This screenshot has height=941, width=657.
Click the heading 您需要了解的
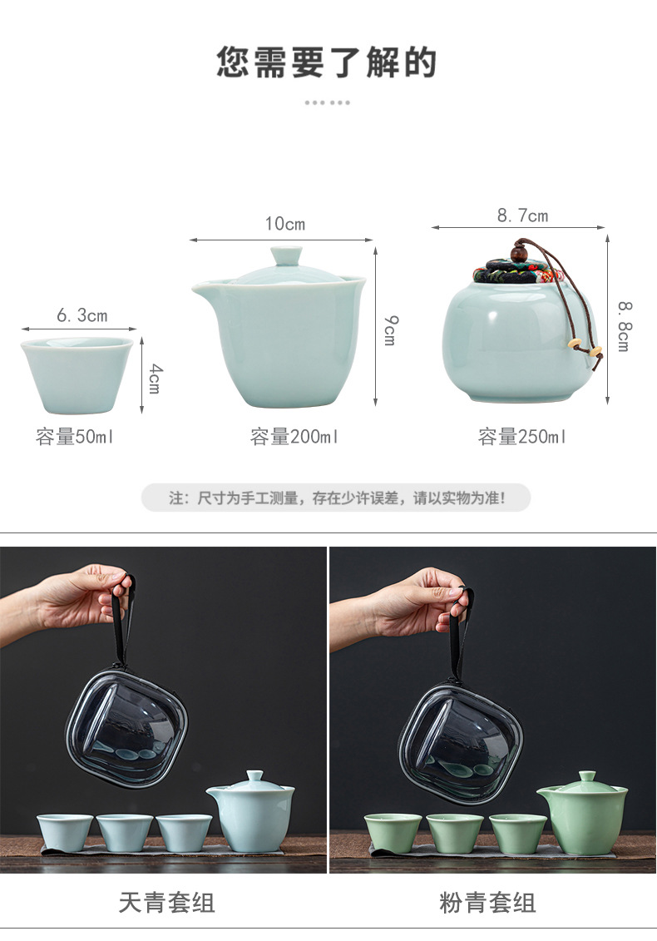[326, 62]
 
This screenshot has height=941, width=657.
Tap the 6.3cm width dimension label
[82, 315]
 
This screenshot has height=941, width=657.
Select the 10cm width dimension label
[285, 224]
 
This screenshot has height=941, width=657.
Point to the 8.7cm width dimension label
[522, 215]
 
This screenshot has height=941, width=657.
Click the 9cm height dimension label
[390, 330]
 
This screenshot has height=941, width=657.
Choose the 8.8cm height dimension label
[624, 326]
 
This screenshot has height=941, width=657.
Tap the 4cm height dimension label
[154, 378]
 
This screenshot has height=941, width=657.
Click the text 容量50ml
[74, 436]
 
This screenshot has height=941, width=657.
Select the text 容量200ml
[294, 436]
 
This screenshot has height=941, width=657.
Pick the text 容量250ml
[522, 436]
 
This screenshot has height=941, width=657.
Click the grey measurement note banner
[336, 498]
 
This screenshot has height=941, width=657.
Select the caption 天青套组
[167, 902]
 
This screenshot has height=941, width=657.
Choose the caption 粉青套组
[487, 902]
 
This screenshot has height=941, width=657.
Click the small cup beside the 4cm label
[77, 376]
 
